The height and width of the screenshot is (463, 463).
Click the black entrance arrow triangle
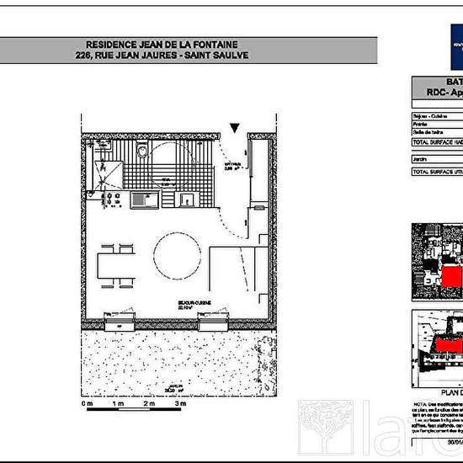click(235, 128)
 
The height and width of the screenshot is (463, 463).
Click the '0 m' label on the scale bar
click(87, 405)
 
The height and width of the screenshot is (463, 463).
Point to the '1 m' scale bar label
click(119, 405)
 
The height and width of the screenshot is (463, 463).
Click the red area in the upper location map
click(451, 278)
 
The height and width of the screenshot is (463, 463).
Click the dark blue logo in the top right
click(454, 45)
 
